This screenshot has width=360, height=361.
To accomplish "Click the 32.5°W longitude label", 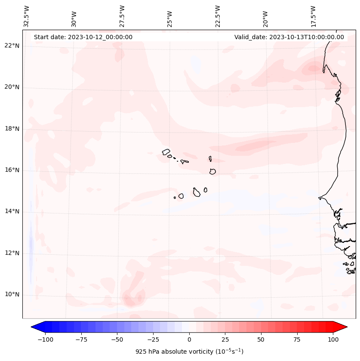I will (27, 16).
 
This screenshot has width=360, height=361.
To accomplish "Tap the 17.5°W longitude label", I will (314, 16).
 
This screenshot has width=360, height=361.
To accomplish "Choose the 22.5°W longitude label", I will (218, 16).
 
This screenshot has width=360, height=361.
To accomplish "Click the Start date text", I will (83, 37).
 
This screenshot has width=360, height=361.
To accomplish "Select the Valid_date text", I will (289, 37).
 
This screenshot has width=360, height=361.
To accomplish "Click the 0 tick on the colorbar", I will (189, 339).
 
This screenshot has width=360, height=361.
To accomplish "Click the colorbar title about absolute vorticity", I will (189, 352).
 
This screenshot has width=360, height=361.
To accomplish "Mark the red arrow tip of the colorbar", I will (346, 327).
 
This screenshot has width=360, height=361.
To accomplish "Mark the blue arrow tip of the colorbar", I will (32, 327).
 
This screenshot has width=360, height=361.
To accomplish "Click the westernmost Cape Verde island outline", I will (166, 152).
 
